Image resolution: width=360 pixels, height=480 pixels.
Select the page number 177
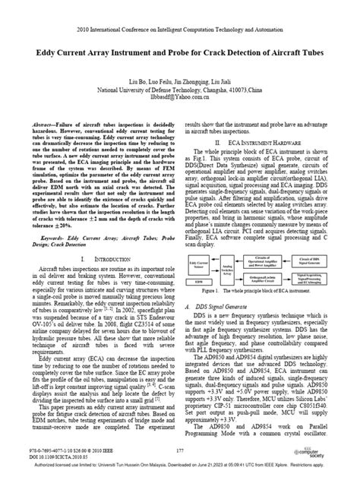coord(180,451)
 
